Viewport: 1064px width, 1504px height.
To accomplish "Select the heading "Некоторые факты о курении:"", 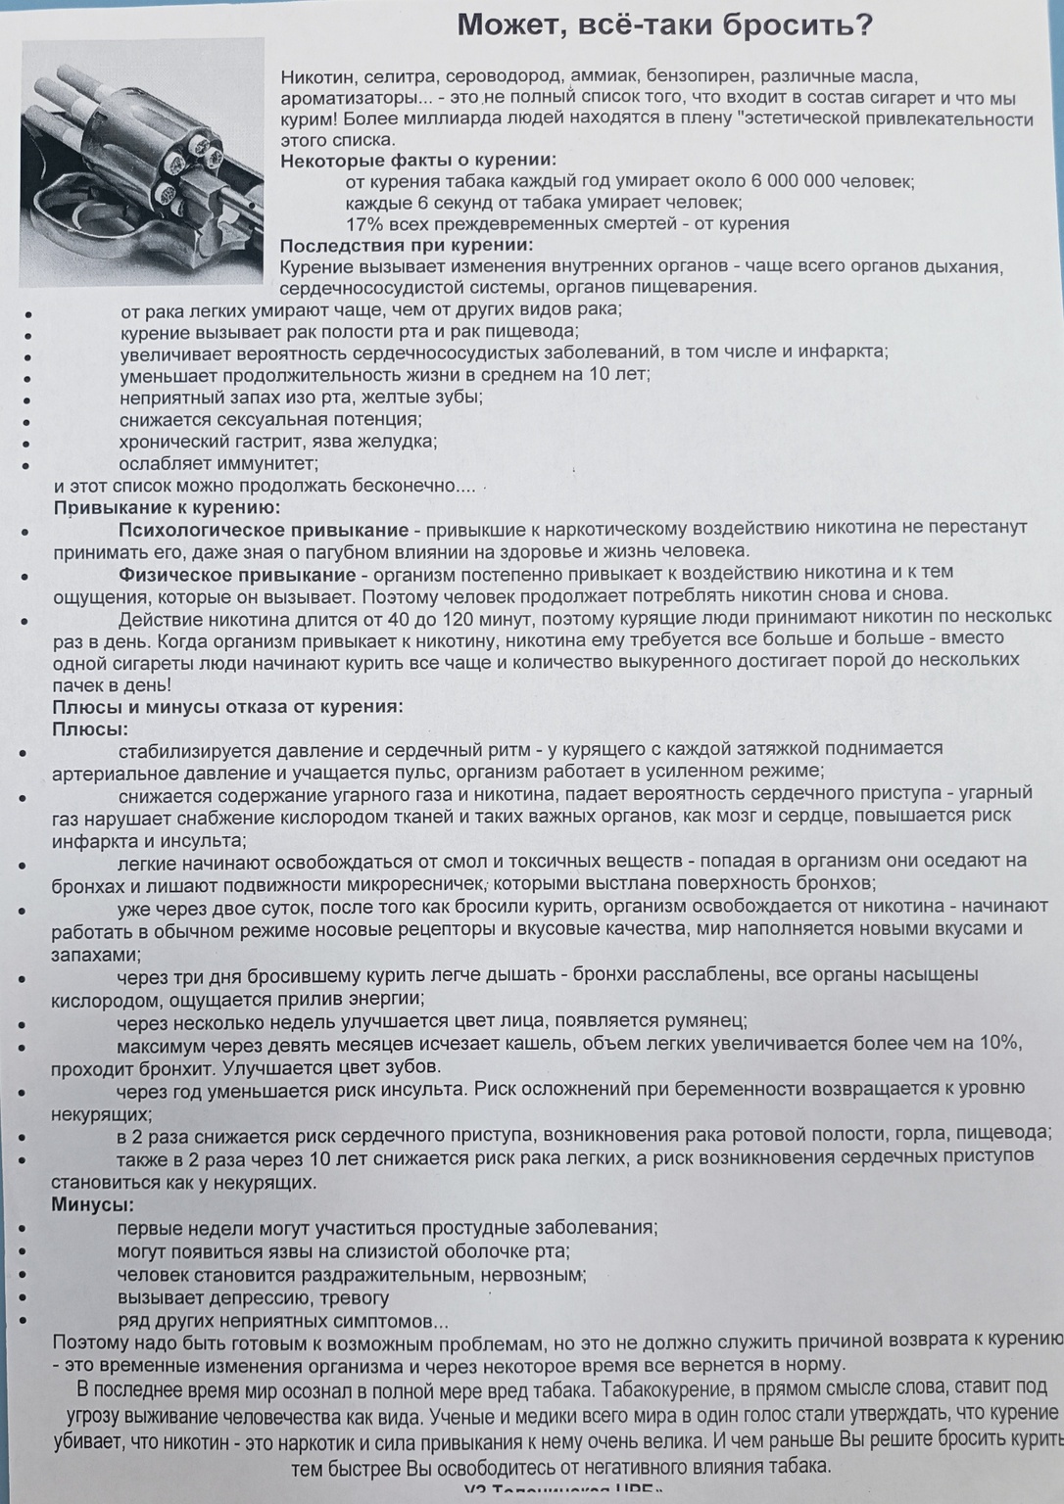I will point(418,161).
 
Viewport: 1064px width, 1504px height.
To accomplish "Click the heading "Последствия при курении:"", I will point(407,246).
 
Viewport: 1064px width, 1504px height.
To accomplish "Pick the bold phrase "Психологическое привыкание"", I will point(264,530).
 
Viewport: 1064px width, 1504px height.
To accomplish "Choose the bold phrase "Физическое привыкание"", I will point(237,573).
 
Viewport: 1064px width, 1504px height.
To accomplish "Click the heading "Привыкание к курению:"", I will point(167,507).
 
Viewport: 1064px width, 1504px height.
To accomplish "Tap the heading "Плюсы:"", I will point(90,729).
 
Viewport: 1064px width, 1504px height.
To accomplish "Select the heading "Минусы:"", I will point(93,1204).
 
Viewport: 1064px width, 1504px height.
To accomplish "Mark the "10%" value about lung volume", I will point(999,1043).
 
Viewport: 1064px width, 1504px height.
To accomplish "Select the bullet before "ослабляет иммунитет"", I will point(29,466).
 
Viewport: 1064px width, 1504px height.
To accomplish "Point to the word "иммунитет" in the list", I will point(271,463).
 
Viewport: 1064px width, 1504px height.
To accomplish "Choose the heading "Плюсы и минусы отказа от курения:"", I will point(227,707).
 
